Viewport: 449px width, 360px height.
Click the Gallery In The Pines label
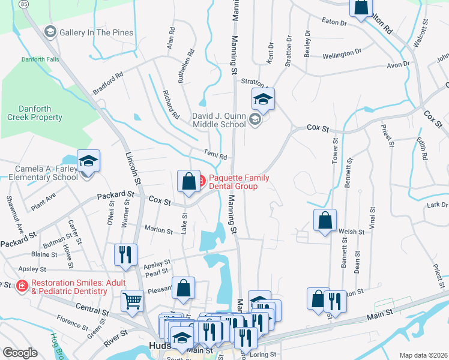coord(96,32)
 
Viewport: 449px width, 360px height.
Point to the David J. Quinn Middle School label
coord(218,119)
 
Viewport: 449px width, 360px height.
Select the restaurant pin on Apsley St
coord(125,254)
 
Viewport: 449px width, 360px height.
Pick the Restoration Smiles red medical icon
coord(22,286)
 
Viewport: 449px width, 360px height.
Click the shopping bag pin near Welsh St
coord(325,220)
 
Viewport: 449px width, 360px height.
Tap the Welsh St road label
coord(352,232)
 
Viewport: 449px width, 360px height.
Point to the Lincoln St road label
coord(132,168)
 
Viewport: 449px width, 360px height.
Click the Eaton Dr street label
coord(334,22)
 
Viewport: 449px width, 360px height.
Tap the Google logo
coord(20,353)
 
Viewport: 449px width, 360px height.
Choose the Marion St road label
coord(158,229)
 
